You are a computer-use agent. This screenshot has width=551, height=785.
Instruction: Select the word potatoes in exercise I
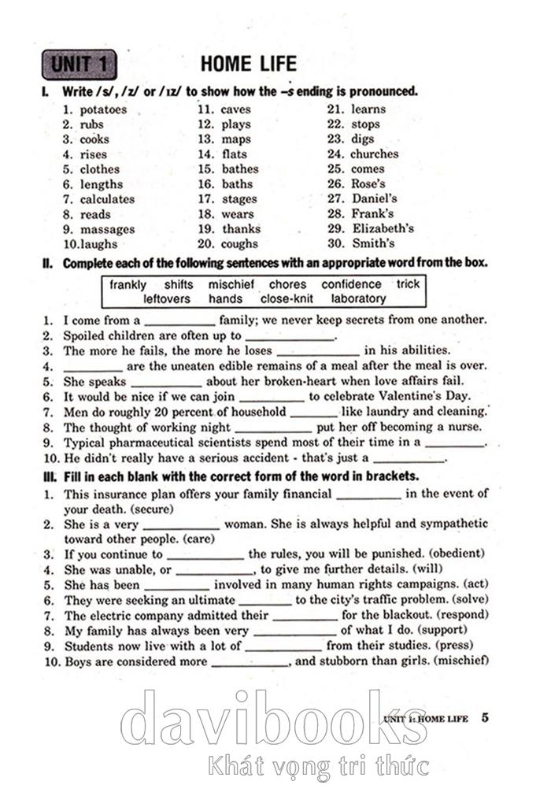103,109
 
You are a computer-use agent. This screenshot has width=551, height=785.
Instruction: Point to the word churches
374,154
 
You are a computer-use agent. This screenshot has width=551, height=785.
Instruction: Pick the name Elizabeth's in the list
383,228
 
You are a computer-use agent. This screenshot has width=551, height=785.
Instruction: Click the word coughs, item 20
240,244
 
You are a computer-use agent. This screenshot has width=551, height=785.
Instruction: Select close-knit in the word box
287,299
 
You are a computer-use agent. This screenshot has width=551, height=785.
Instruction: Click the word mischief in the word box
231,284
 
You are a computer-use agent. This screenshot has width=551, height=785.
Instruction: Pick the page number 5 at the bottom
485,717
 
